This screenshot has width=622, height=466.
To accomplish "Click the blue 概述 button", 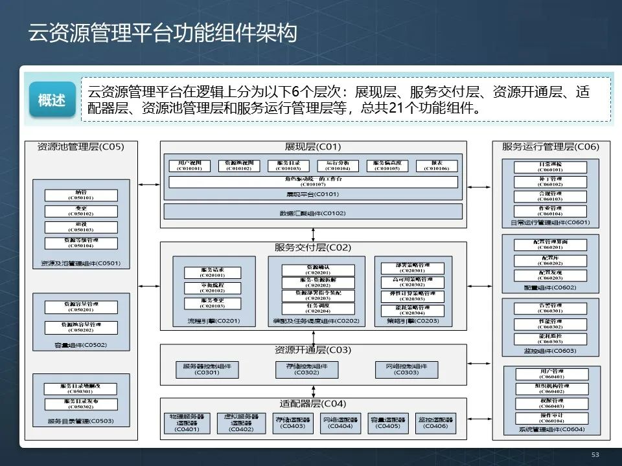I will pos(52,100).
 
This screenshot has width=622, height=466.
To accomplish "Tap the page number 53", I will pos(595,455).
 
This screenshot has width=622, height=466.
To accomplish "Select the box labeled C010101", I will pos(190,166).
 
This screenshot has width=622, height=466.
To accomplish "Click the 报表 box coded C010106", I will pos(436,166).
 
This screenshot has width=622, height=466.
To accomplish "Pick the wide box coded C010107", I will pos(313,181).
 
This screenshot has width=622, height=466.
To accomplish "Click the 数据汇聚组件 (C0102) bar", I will pos(313,212).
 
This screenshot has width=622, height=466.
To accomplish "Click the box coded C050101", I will pos(80,195).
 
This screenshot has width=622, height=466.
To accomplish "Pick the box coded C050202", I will pos(80,327).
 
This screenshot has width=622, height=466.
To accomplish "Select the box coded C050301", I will pos(80,388).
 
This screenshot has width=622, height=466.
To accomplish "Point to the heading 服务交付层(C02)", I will pos(313,248).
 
